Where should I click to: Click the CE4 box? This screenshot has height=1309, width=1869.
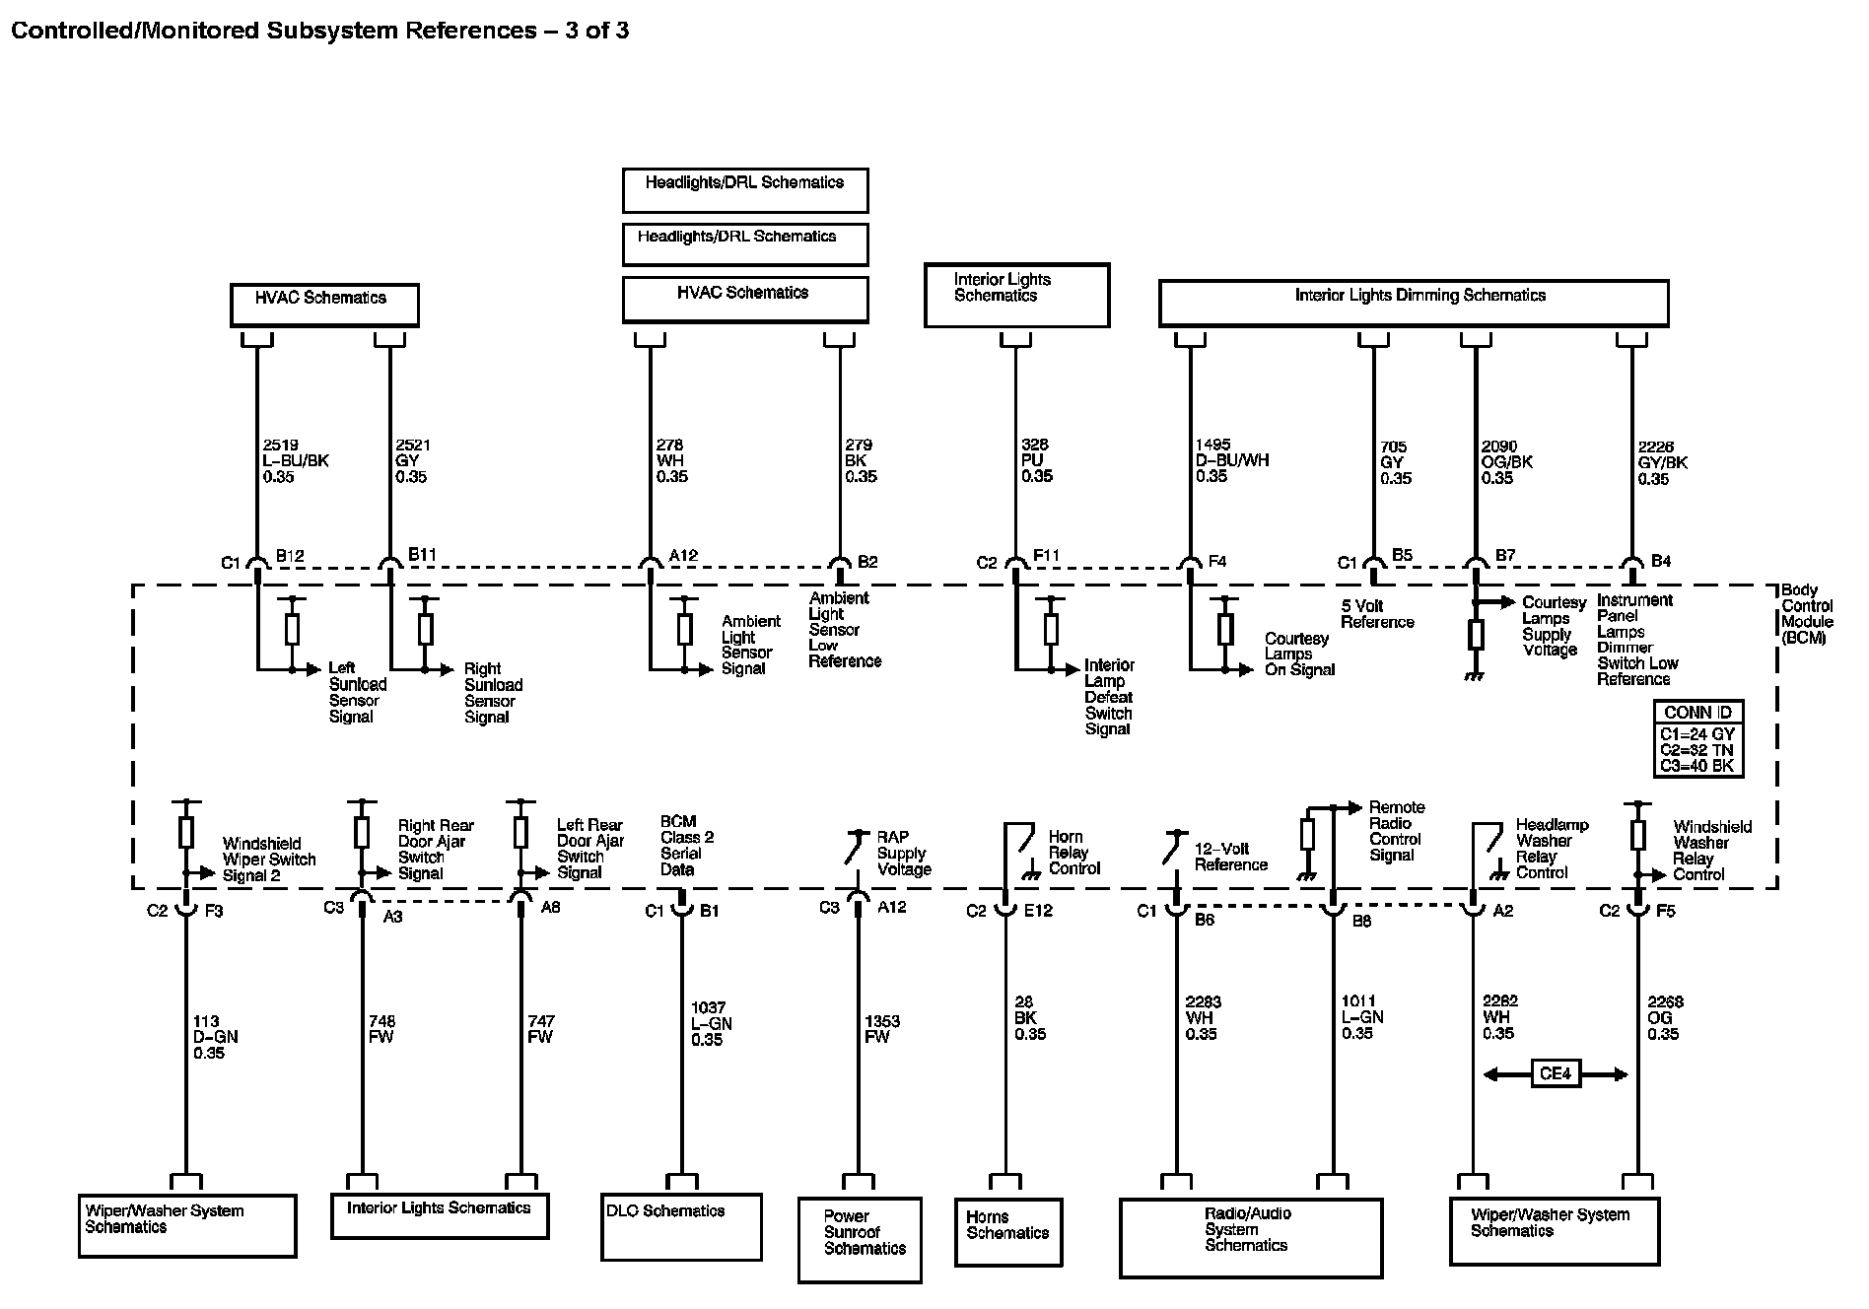1556,1073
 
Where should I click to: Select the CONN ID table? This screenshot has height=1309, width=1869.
1698,738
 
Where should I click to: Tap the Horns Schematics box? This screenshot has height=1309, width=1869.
1008,1231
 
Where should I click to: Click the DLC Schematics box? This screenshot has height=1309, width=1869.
681,1226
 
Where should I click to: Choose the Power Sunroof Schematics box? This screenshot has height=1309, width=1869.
860,1240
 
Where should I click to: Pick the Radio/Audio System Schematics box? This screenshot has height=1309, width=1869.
1251,1238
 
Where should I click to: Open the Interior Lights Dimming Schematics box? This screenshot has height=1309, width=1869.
1414,304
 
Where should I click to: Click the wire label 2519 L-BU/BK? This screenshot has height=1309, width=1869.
296,460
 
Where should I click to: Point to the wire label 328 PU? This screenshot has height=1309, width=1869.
1037,460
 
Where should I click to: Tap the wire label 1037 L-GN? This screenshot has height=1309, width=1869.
711,1023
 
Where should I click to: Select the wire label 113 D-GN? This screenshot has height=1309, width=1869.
216,1037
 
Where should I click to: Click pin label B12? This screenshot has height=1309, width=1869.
290,556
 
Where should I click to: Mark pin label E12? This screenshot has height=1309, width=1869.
1038,911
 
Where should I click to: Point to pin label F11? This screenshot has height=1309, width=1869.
1046,556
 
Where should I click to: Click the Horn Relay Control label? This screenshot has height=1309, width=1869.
1073,853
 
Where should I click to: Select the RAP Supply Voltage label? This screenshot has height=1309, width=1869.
904,854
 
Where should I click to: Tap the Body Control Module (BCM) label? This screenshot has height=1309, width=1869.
1807,614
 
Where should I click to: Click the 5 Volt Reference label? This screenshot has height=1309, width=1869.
1377,614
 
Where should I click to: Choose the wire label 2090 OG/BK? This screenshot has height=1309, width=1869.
1506,462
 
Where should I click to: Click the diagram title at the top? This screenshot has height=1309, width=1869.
319,31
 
